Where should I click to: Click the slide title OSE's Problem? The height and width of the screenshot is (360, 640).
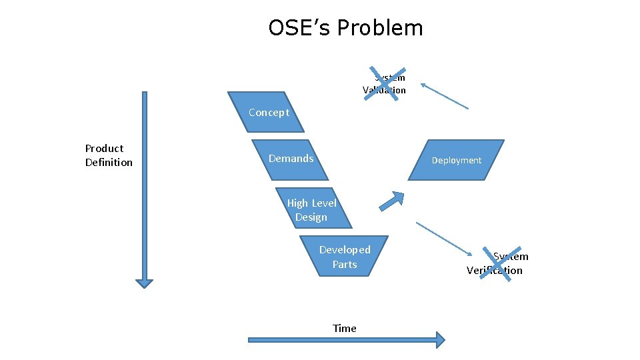pyautogui.click(x=345, y=28)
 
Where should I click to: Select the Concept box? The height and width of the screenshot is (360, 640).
pyautogui.click(x=267, y=112)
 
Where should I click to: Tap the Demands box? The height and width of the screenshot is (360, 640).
pyautogui.click(x=291, y=159)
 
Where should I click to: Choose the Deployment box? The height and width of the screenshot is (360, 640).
pyautogui.click(x=456, y=160)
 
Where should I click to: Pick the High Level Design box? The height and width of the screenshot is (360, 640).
pyautogui.click(x=312, y=210)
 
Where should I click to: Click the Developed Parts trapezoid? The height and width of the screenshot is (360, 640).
pyautogui.click(x=345, y=256)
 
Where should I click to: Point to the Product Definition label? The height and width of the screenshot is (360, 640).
pyautogui.click(x=109, y=155)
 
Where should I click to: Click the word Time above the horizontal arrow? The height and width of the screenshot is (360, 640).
pyautogui.click(x=345, y=328)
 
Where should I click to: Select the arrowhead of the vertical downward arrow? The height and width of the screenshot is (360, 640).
pyautogui.click(x=144, y=283)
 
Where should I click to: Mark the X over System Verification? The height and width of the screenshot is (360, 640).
pyautogui.click(x=497, y=263)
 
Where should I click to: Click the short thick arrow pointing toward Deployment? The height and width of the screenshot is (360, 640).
pyautogui.click(x=393, y=200)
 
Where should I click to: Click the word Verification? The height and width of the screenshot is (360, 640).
pyautogui.click(x=495, y=270)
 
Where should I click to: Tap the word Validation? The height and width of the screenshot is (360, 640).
pyautogui.click(x=384, y=90)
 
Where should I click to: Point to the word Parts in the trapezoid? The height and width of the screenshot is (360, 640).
pyautogui.click(x=345, y=265)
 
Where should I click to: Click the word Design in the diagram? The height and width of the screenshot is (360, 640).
pyautogui.click(x=311, y=217)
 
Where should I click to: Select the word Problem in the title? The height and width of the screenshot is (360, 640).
pyautogui.click(x=380, y=28)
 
